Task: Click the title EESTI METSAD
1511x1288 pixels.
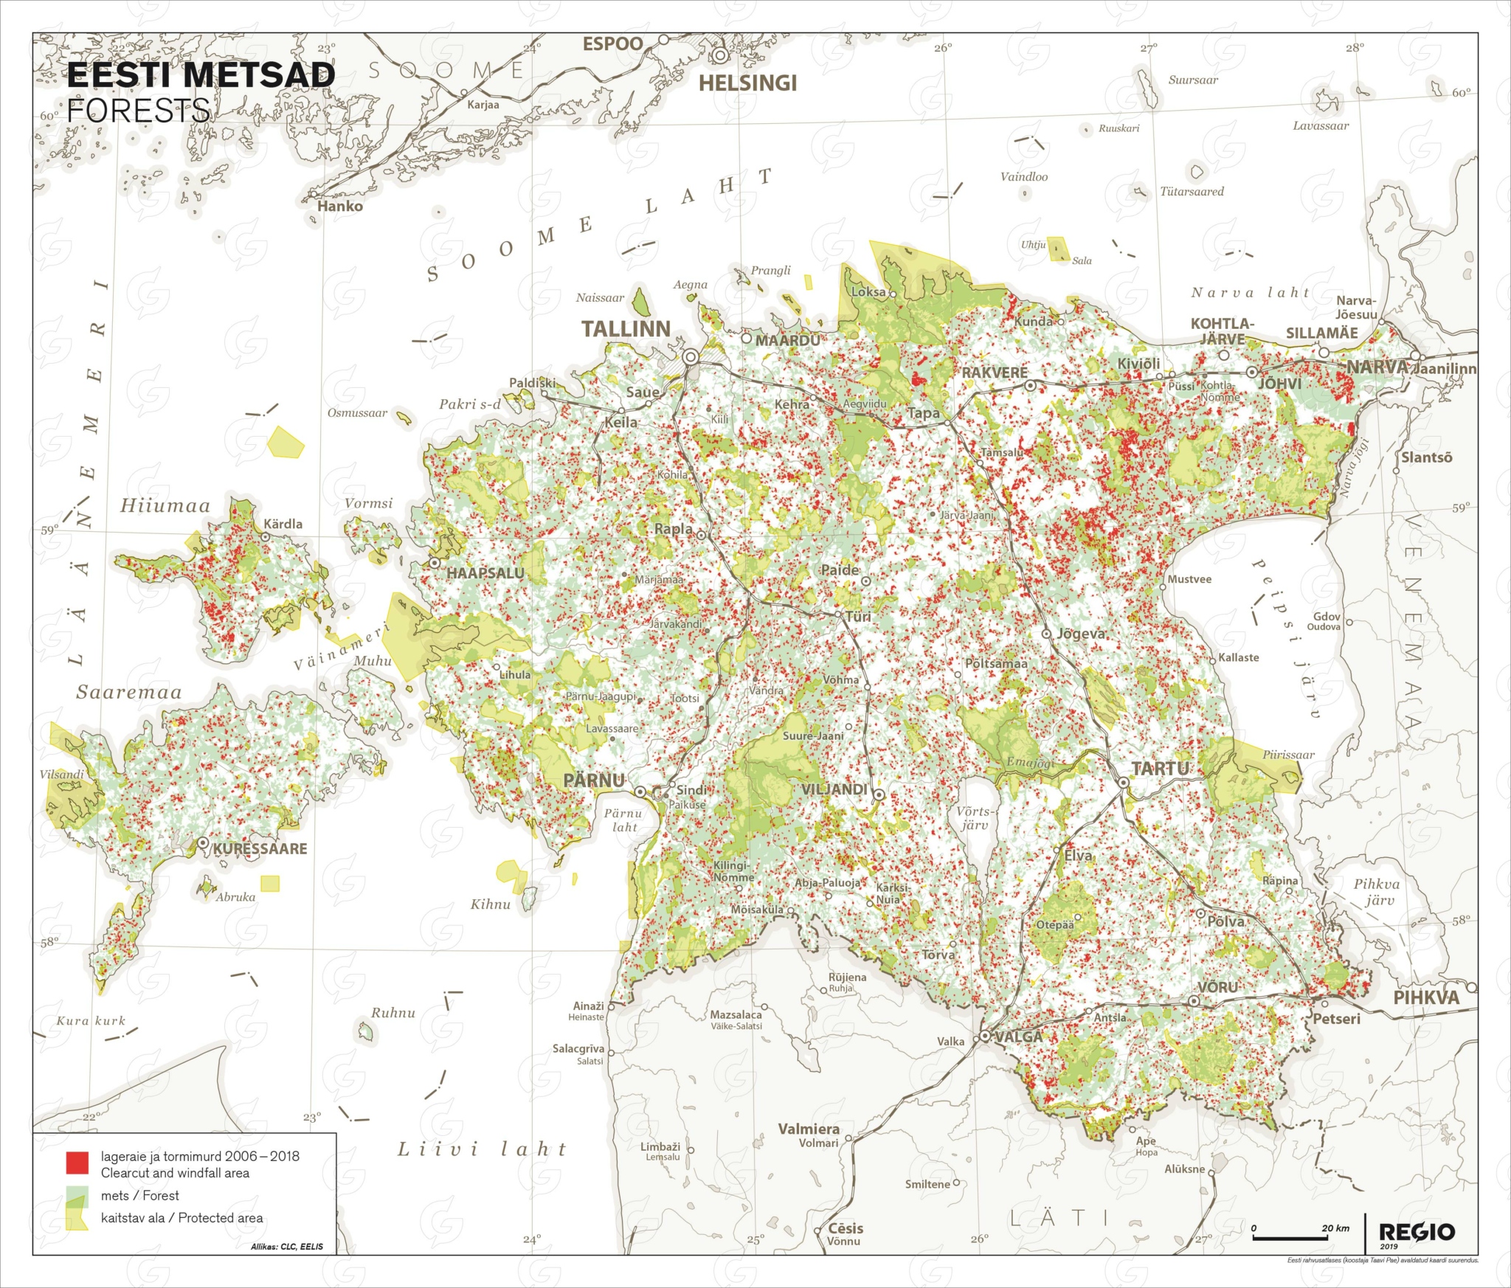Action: point(201,75)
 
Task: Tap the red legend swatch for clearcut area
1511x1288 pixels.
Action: point(77,1162)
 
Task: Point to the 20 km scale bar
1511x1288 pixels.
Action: point(1291,1237)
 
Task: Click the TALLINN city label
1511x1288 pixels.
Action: point(626,329)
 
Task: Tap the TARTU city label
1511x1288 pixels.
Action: point(1160,769)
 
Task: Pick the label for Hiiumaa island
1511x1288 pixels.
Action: point(165,506)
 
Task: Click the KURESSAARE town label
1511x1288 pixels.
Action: point(260,849)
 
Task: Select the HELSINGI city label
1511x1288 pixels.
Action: point(747,83)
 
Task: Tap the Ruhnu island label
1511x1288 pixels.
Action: point(393,1013)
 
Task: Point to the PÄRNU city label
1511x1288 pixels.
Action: point(594,780)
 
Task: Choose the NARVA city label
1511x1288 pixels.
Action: point(1377,367)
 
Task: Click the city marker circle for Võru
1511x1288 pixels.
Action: point(1194,1001)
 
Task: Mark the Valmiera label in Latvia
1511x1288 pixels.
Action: point(809,1129)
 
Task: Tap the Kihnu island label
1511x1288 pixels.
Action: point(491,904)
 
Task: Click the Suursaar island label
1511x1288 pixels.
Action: point(1193,80)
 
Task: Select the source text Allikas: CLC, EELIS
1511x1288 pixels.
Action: point(287,1247)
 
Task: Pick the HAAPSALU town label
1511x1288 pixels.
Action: point(485,573)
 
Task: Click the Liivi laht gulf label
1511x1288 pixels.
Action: point(483,1149)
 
